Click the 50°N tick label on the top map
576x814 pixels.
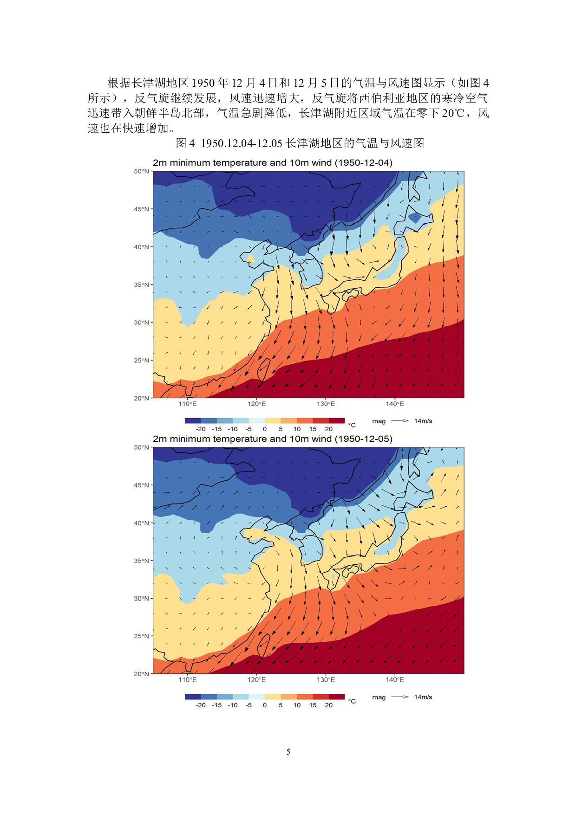tap(141, 171)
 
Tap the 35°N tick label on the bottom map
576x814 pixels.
tap(141, 561)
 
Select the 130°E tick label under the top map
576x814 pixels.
tap(326, 404)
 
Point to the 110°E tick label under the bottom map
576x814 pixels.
tap(188, 680)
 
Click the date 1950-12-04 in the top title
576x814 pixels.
tap(363, 163)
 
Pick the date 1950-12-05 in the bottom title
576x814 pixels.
tap(363, 439)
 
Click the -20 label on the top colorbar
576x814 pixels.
tap(201, 429)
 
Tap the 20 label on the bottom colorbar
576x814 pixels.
tap(329, 705)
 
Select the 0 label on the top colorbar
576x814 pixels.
tap(265, 429)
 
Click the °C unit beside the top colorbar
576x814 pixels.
tap(352, 425)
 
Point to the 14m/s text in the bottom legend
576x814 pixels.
tap(423, 697)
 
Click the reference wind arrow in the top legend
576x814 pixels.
tap(399, 421)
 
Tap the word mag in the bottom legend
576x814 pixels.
tap(379, 697)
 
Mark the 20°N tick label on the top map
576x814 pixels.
tap(141, 398)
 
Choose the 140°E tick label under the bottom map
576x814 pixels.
tap(395, 680)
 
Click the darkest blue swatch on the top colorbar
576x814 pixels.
tap(193, 420)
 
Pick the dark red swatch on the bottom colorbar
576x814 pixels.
tap(337, 697)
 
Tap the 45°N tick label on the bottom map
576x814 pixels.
tap(141, 485)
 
